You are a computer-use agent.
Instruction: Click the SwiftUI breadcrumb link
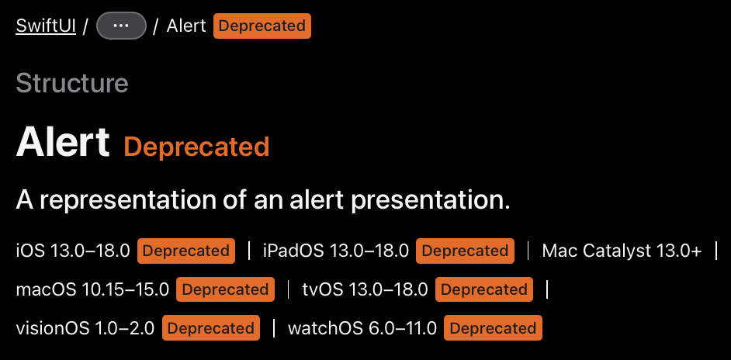46,26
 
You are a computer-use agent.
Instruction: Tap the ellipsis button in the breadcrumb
121,26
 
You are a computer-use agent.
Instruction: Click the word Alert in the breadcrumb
186,26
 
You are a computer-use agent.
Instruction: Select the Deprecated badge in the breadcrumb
262,26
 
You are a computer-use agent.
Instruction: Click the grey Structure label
72,84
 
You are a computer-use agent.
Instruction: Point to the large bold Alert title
63,141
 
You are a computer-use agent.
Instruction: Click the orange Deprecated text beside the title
196,147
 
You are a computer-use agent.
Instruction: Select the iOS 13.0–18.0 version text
73,251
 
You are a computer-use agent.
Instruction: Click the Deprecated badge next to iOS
186,251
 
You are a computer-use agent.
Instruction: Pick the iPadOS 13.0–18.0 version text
336,251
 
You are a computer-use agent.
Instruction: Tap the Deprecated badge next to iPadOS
465,251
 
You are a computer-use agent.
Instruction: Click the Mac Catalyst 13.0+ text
622,251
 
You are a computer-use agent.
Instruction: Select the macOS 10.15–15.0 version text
92,289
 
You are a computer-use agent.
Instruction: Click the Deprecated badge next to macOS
225,289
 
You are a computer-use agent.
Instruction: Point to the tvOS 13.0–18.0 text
365,289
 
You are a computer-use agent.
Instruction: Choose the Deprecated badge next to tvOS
484,289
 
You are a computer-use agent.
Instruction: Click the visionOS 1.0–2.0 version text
85,328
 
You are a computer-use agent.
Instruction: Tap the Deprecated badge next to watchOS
493,328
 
